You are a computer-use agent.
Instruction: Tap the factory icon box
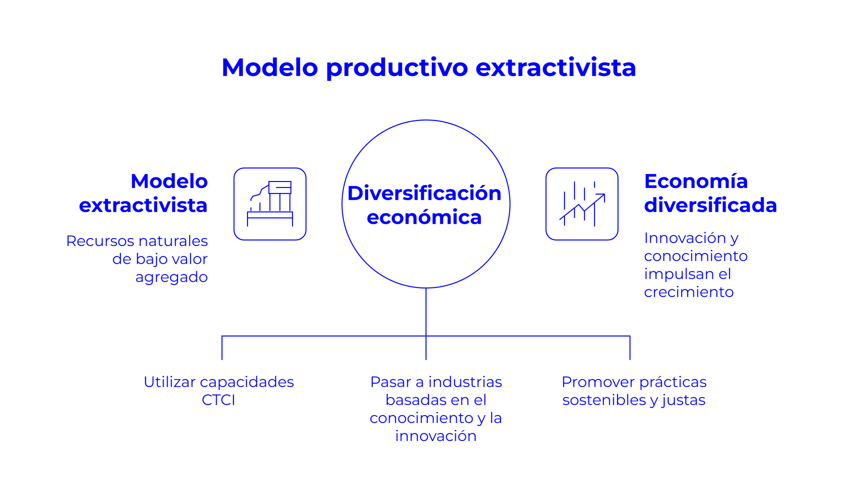tap(270, 204)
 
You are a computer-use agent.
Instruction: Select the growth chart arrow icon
tap(582, 204)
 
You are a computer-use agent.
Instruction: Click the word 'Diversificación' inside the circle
tap(424, 193)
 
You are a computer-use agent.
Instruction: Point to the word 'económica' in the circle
tap(424, 217)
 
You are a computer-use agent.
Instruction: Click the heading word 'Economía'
tap(696, 181)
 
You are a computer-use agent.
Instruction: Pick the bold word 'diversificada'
tap(710, 205)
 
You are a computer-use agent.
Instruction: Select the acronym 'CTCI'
tap(218, 401)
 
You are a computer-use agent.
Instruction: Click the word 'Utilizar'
tap(170, 382)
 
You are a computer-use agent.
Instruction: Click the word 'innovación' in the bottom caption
tap(436, 437)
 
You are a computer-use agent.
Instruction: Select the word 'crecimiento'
tap(689, 292)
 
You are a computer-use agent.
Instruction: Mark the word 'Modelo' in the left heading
tap(169, 181)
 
